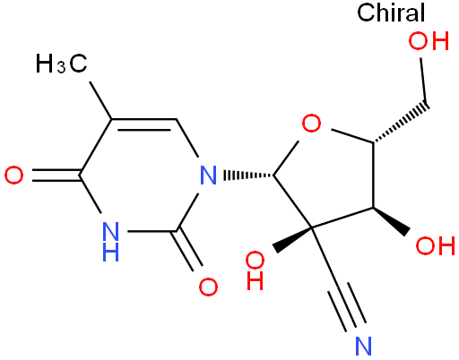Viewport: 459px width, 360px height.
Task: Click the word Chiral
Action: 391,13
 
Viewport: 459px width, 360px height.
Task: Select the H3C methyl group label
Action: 61,64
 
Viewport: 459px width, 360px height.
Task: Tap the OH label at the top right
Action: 429,41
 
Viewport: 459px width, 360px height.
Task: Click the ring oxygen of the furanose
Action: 311,123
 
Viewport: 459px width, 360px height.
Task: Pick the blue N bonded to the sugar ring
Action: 208,176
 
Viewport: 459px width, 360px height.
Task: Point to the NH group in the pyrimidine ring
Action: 110,242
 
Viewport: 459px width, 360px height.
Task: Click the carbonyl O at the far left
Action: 13,176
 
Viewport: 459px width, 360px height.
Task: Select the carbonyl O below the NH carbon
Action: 208,287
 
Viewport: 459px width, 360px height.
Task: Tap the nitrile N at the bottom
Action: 363,347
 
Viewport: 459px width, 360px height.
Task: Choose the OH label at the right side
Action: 436,245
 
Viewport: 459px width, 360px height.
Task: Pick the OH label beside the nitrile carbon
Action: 255,270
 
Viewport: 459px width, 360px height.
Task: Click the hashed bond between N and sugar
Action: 248,176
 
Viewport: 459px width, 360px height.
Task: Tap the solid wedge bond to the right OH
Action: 391,221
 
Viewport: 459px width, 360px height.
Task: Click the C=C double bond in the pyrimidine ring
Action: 144,124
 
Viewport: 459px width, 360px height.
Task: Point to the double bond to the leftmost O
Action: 56,176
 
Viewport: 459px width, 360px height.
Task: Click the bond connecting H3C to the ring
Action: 101,101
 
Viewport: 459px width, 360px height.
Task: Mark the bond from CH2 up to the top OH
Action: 424,81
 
